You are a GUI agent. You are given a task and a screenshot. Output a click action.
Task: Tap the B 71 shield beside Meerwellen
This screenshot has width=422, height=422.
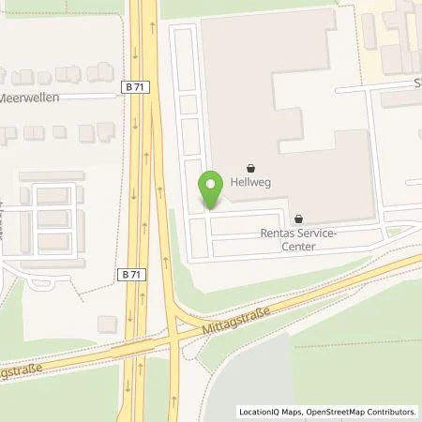point(134,85)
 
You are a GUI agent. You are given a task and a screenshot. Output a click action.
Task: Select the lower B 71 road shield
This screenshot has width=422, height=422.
point(132,274)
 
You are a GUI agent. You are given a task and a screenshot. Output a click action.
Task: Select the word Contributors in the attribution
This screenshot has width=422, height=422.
point(392,412)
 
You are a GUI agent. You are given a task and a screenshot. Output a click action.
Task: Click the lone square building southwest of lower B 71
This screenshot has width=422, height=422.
point(107,323)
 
